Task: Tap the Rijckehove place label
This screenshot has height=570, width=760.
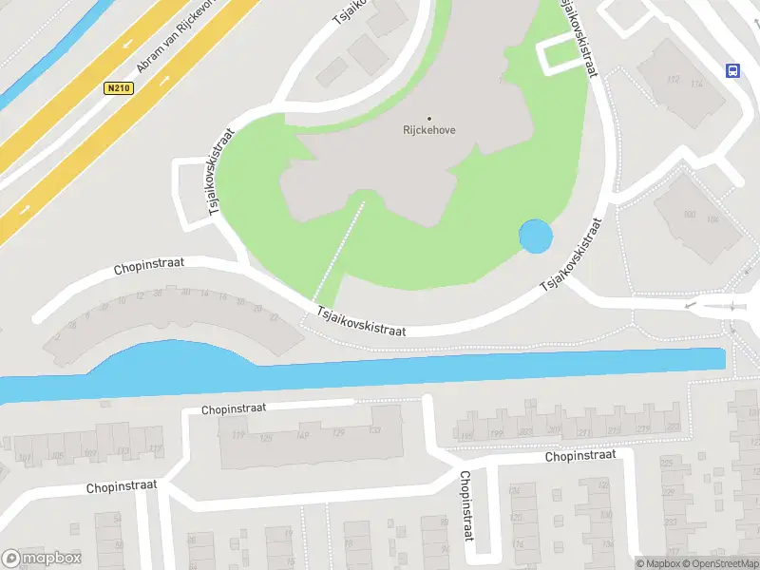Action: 427,130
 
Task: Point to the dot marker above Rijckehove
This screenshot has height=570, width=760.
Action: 428,119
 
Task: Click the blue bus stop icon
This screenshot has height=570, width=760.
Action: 732,70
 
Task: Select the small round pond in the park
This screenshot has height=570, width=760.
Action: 534,237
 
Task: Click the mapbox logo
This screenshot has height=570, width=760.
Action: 41,559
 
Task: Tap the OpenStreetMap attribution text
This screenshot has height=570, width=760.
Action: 719,563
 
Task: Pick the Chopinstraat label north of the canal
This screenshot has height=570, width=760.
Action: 148,267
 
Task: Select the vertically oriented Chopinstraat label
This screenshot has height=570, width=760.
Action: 465,505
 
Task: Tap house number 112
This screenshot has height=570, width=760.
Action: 674,80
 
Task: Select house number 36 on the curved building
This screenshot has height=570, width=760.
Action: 185,293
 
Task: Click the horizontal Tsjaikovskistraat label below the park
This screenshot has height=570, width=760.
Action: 361,320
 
